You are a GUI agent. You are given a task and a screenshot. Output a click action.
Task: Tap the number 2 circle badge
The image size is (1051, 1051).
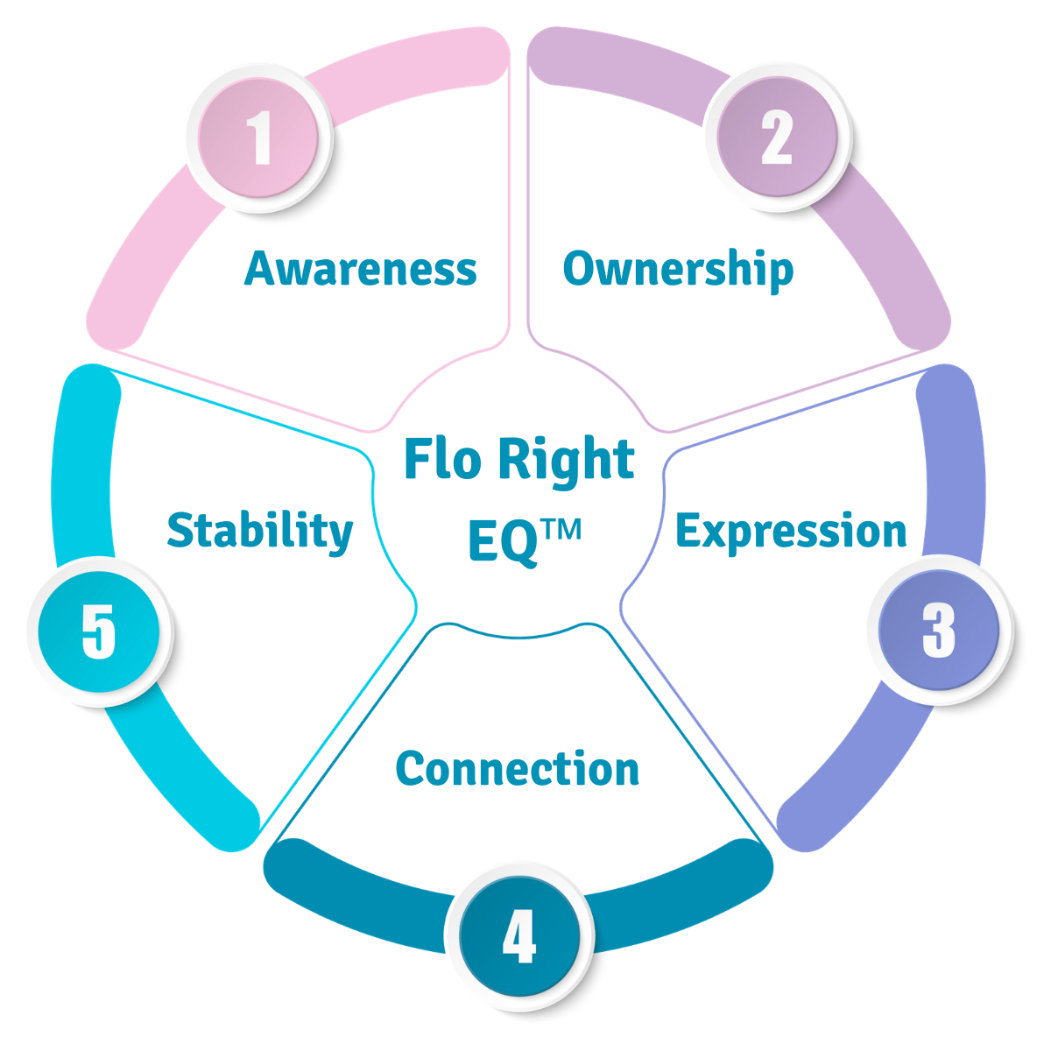(776, 138)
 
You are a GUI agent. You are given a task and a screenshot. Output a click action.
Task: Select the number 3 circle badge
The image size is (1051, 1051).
(938, 629)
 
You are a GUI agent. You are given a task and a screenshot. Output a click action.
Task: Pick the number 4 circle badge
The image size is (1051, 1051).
(518, 936)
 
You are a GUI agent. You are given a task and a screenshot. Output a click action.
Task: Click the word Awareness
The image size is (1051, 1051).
(361, 269)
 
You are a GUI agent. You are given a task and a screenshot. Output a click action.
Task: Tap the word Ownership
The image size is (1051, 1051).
(678, 269)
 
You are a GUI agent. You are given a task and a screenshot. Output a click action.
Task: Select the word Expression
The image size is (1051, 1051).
(791, 532)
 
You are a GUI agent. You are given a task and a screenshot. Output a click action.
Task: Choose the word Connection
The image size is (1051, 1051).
(518, 769)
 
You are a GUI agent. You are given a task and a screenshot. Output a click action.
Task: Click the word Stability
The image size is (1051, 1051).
(260, 532)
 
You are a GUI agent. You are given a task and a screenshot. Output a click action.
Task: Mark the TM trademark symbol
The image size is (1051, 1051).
(561, 530)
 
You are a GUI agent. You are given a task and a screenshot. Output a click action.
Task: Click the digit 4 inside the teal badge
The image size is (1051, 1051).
(518, 936)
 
